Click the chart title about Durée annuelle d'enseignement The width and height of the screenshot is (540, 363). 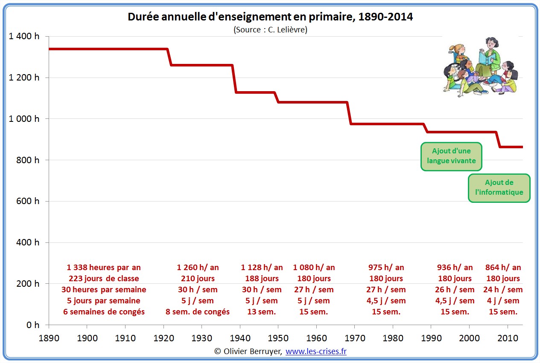click(270, 17)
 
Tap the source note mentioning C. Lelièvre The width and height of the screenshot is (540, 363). click(270, 30)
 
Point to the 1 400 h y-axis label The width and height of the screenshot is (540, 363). click(24, 36)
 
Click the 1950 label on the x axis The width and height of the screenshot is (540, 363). click(278, 338)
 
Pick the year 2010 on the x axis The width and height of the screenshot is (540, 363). click(507, 338)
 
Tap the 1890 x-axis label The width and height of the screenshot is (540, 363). click(49, 338)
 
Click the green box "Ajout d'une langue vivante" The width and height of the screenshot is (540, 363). click(451, 156)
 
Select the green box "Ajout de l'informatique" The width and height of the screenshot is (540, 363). click(499, 187)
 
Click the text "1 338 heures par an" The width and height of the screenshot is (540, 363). click(104, 268)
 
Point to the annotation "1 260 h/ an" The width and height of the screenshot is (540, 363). click(198, 268)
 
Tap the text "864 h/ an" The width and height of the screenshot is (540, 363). click(503, 268)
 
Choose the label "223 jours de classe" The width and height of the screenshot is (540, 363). click(104, 279)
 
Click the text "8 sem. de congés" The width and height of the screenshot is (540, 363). click(198, 312)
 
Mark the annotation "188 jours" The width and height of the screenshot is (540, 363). click(262, 279)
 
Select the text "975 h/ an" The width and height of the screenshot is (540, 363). click(386, 268)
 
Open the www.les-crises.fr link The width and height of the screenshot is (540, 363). click(316, 351)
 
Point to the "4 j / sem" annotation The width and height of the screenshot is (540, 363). click(504, 301)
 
